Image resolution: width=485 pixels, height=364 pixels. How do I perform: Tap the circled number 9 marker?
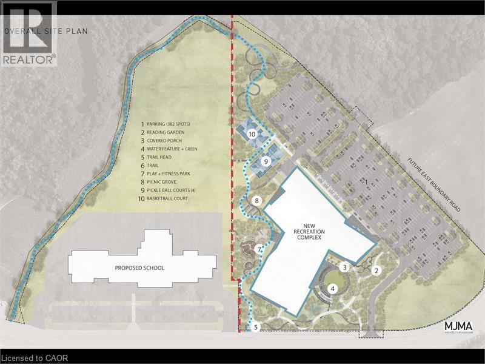click(265, 161)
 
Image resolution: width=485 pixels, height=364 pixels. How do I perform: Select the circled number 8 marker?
click(257, 201)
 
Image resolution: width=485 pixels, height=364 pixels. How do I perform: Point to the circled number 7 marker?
click(259, 249)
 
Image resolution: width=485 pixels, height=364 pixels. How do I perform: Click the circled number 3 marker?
click(344, 267)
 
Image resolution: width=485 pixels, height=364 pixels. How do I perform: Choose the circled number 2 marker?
click(376, 271)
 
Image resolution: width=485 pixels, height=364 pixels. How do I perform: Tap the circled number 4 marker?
click(333, 289)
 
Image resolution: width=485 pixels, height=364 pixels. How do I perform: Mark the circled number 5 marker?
click(256, 328)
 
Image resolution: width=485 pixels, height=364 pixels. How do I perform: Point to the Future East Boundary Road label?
click(433, 183)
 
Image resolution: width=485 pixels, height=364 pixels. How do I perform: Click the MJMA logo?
click(459, 327)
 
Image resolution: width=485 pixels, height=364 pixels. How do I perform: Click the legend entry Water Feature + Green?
click(176, 149)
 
